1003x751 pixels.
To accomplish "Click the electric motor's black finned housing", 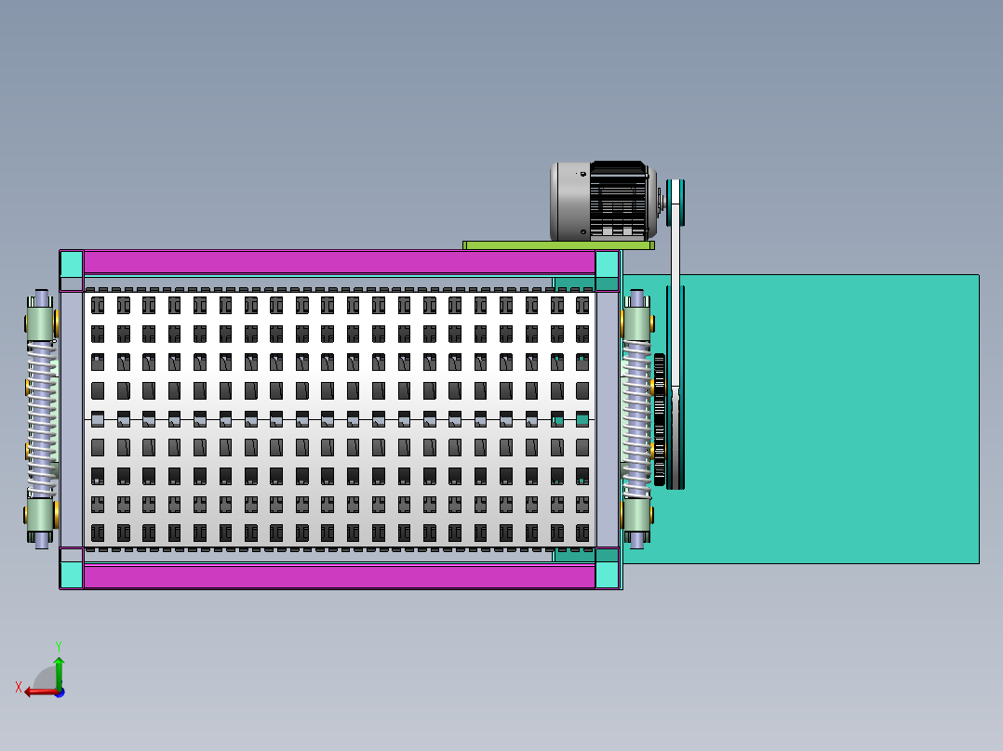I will (618, 200).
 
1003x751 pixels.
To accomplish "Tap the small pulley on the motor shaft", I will (675, 203).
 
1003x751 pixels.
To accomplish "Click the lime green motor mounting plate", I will (558, 245).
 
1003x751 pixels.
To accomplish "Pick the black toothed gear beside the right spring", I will (660, 418).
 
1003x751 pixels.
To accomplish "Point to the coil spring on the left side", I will (41, 418).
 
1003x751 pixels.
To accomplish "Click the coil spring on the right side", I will (636, 418).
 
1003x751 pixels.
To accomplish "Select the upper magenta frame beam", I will (339, 262).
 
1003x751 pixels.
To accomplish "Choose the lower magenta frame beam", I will (339, 576).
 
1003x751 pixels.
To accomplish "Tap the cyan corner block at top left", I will (72, 263).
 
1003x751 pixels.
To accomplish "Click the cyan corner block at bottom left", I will (72, 576).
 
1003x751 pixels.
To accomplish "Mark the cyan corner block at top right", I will (607, 263).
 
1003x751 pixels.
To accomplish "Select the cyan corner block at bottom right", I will (607, 576).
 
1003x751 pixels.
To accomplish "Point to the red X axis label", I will (19, 687).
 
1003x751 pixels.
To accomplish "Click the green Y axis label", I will (58, 645).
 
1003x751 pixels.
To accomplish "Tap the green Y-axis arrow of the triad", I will (59, 671).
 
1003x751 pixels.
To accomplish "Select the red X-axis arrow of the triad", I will (37, 692).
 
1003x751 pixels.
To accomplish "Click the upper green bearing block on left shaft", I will (41, 323).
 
